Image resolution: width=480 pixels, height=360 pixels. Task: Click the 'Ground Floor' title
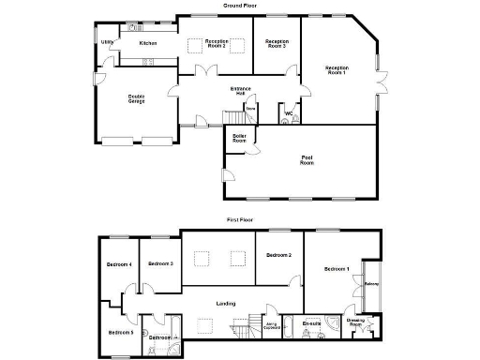pyautogui.click(x=240, y=6)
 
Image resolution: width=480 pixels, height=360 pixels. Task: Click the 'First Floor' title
pyautogui.click(x=240, y=219)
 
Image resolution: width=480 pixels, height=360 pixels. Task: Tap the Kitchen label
pyautogui.click(x=148, y=43)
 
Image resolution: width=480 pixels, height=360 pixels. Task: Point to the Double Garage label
pyautogui.click(x=136, y=97)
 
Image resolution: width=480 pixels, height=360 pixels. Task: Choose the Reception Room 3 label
pyautogui.click(x=277, y=43)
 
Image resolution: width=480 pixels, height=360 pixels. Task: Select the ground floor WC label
pyautogui.click(x=289, y=112)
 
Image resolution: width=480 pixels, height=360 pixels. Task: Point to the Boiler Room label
pyautogui.click(x=239, y=140)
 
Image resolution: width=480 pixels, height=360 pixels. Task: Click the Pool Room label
pyautogui.click(x=307, y=159)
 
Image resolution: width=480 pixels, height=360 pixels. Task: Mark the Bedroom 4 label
pyautogui.click(x=118, y=264)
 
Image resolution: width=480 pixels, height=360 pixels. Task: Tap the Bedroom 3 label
pyautogui.click(x=160, y=263)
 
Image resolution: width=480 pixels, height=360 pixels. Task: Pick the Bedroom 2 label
pyautogui.click(x=278, y=255)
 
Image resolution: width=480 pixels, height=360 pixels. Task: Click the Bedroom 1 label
pyautogui.click(x=337, y=269)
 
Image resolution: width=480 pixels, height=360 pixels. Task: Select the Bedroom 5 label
pyautogui.click(x=120, y=332)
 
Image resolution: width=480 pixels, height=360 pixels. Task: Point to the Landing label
pyautogui.click(x=225, y=303)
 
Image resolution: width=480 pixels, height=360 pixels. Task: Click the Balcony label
pyautogui.click(x=370, y=284)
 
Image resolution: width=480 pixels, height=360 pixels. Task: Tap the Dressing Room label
pyautogui.click(x=356, y=322)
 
